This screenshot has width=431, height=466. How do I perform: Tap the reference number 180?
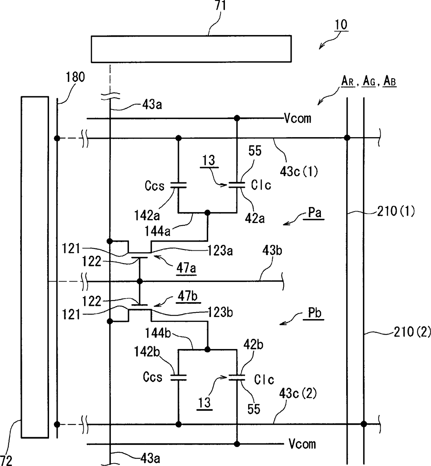click(x=75, y=77)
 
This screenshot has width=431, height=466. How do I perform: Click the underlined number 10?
click(x=341, y=25)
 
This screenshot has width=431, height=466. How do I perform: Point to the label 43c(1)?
click(x=299, y=171)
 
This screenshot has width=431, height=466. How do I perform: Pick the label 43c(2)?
click(x=298, y=393)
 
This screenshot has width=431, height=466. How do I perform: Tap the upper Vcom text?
click(x=298, y=118)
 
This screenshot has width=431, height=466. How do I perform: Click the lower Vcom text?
click(x=302, y=444)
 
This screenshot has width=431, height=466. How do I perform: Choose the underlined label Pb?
click(x=315, y=313)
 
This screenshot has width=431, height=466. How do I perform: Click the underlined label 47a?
click(x=186, y=268)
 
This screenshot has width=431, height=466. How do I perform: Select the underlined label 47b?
click(x=187, y=296)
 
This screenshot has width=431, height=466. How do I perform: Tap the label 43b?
click(x=272, y=251)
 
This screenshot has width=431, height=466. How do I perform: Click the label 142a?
click(x=147, y=215)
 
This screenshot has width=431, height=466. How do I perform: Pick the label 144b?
click(x=158, y=333)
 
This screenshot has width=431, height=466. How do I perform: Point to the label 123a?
click(x=220, y=251)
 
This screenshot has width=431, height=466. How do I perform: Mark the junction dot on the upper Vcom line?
click(x=237, y=118)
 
